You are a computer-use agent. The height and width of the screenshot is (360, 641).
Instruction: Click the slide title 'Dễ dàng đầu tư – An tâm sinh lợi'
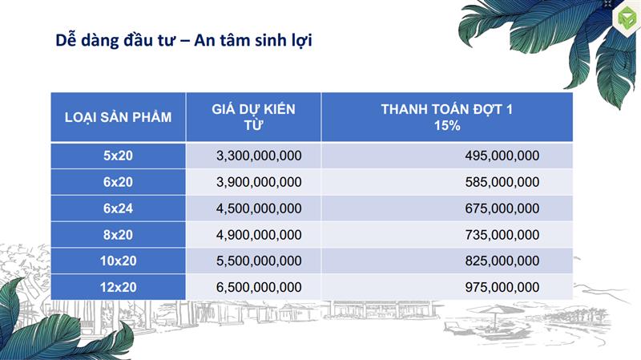[x=183, y=41]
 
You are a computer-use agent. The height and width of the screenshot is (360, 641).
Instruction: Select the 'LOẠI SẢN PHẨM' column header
[x=118, y=117]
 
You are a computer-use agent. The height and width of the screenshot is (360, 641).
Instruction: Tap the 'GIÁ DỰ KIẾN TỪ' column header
[x=253, y=117]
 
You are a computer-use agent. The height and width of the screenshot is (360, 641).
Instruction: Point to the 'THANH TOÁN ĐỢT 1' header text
[x=447, y=109]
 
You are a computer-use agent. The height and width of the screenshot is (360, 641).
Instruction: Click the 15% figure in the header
[x=447, y=125]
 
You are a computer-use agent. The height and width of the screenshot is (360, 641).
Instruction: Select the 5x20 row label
[x=118, y=156]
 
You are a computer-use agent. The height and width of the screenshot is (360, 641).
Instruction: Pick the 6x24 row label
[x=118, y=208]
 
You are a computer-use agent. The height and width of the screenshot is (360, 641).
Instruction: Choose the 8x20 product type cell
[x=118, y=235]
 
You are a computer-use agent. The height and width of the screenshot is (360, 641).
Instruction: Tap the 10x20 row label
[x=118, y=261]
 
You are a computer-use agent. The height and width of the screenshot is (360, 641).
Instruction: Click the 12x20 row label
[x=118, y=287]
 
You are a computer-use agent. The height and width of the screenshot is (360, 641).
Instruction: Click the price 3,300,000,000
[x=259, y=156]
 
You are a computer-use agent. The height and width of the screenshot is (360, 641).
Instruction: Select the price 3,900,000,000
[x=259, y=182]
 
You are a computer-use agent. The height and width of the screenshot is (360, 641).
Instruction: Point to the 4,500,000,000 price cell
[x=259, y=208]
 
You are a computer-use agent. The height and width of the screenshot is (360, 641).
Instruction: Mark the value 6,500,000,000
[x=259, y=288]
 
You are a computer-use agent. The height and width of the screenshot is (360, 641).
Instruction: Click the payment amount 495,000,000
[x=502, y=156]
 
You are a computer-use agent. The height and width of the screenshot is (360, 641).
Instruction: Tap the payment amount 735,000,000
[x=502, y=235]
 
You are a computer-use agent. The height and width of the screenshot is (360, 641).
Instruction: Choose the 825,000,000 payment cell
[x=502, y=261]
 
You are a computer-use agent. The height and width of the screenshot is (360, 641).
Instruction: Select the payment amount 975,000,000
[x=502, y=288]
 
